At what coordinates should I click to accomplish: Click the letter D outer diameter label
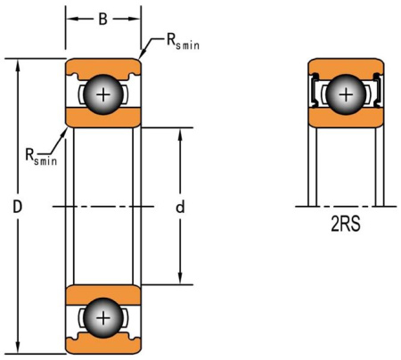16,206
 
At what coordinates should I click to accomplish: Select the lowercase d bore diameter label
180,207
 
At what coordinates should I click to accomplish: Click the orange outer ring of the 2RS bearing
344,66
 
